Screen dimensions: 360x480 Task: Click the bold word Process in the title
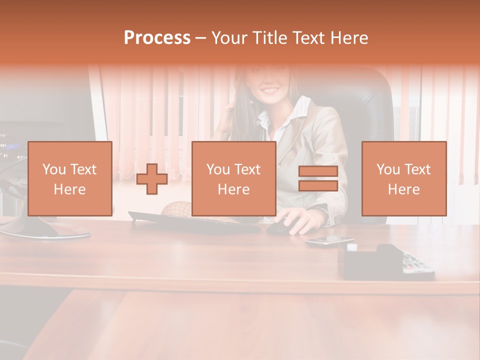pos(157,38)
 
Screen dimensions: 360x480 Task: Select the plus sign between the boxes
pos(152,179)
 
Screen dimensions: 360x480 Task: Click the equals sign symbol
pos(318,178)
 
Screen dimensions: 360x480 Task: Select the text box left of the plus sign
pos(70,178)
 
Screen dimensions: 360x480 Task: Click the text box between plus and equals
pos(233,178)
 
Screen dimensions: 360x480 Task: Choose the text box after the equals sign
pos(403,178)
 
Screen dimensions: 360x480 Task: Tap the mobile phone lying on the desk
pos(329,241)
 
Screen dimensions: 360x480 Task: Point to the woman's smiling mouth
pos(270,91)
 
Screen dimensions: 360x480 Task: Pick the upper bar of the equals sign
pos(318,171)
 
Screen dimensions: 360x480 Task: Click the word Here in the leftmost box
pos(70,189)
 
